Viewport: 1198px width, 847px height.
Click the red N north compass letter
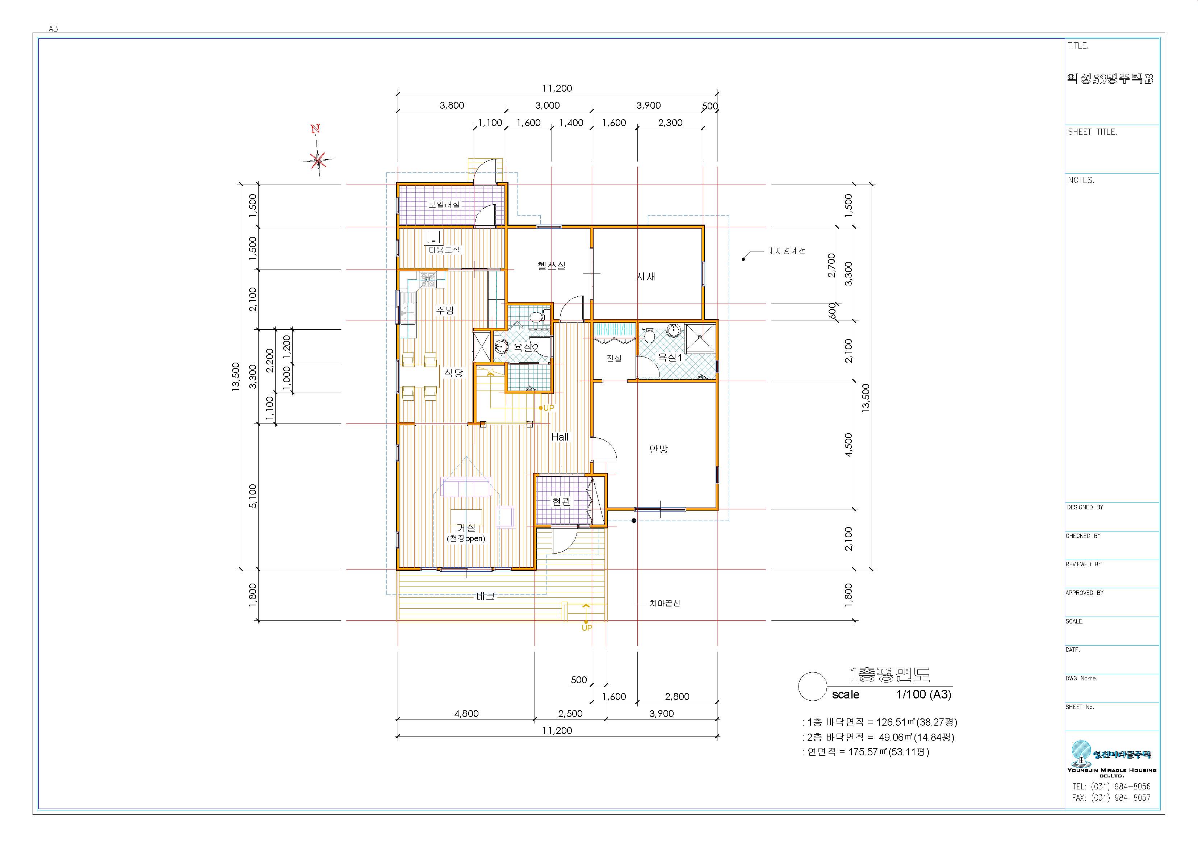[315, 129]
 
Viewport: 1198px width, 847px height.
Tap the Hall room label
[560, 437]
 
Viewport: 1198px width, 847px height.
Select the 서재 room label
[646, 276]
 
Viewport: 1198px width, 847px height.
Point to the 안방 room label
[658, 449]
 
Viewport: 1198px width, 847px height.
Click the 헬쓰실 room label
[552, 266]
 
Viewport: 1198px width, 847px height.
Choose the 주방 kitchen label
[445, 310]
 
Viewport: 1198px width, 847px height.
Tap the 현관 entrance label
[561, 501]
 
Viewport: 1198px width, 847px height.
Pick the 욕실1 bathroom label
[670, 358]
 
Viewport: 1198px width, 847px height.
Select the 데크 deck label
[485, 596]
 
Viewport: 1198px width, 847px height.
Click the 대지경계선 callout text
[786, 250]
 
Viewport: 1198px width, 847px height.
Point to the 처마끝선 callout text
[665, 603]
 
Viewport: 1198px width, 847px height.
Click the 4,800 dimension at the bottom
[466, 713]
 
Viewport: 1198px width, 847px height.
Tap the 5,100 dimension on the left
[252, 496]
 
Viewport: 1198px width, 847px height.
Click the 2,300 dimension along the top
[670, 123]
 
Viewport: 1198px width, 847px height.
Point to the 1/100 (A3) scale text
[924, 694]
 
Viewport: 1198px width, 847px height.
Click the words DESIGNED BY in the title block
[1085, 507]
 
